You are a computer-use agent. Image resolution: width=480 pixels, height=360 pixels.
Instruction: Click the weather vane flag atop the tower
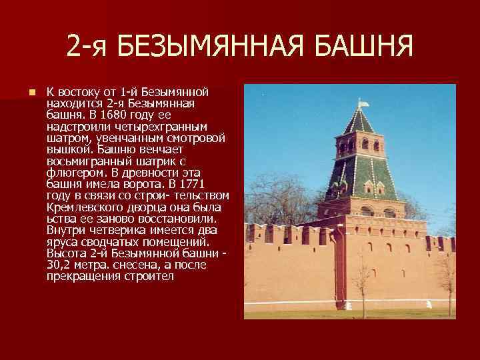click(x=363, y=104)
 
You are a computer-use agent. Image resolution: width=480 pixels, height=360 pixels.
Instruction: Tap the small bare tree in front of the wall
click(x=363, y=283)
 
